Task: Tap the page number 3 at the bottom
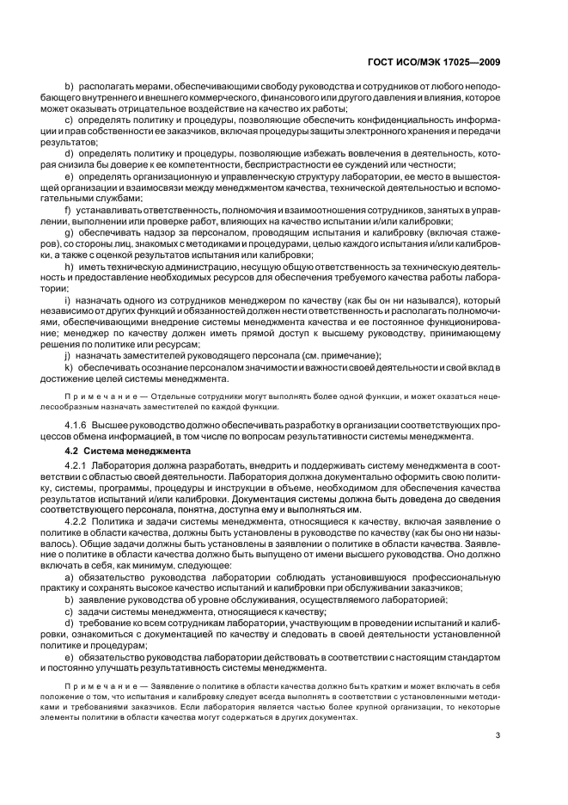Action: click(498, 734)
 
